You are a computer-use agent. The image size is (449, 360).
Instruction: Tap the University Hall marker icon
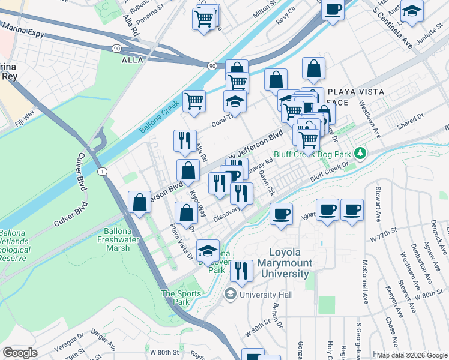(x=230, y=295)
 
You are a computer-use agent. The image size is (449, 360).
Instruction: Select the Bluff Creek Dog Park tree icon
(x=360, y=154)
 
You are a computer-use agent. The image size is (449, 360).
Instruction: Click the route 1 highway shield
(x=103, y=172)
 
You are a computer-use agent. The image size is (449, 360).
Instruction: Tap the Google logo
(x=20, y=353)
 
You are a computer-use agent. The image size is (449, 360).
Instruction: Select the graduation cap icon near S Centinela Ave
(x=412, y=11)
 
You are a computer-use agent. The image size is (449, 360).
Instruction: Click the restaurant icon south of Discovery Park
(x=241, y=271)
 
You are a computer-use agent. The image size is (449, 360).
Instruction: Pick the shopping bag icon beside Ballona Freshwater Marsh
(x=140, y=203)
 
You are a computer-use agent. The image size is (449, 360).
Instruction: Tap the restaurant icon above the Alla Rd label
(x=185, y=141)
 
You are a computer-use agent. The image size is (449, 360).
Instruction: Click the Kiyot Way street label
(x=199, y=205)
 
